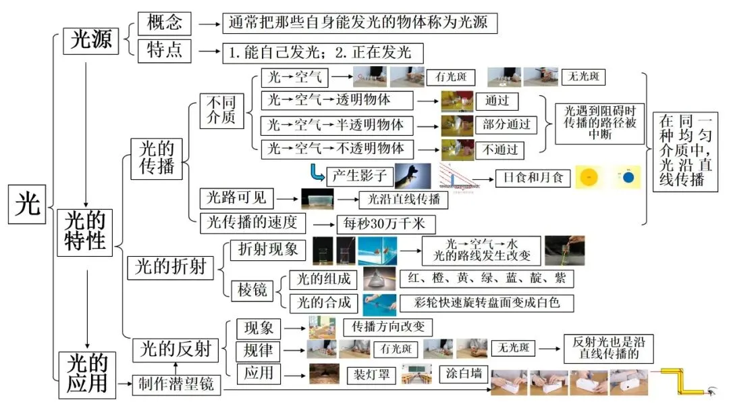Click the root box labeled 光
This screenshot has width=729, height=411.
[x=28, y=203]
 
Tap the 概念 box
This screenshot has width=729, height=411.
[x=164, y=23]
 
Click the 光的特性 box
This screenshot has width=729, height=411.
[x=86, y=231]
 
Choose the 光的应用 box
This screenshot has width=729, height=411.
[x=86, y=374]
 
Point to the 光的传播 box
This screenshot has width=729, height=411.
[x=157, y=158]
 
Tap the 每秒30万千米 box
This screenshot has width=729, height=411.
[x=385, y=224]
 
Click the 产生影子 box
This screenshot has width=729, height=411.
[x=359, y=176]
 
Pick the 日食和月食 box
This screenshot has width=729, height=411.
[x=533, y=178]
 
